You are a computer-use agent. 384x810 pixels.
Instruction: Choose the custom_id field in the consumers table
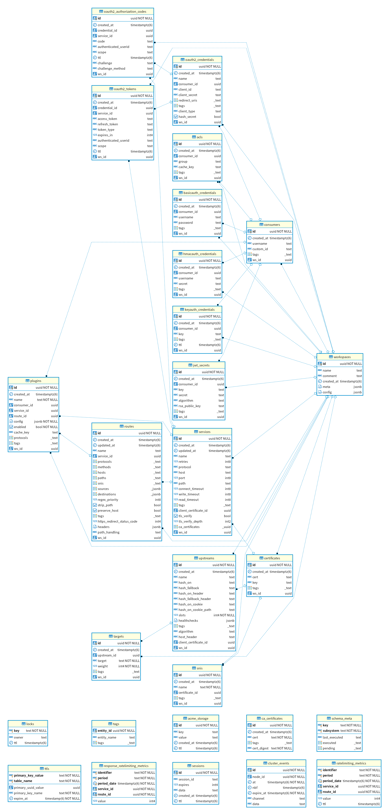260,249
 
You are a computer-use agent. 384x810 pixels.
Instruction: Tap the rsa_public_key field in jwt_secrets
190,406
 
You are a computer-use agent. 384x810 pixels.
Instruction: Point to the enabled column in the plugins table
20,427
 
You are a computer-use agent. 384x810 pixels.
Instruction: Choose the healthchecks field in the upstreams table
188,621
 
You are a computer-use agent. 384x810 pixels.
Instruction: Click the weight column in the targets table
103,666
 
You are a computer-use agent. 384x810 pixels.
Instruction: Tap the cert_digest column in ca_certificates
260,748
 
